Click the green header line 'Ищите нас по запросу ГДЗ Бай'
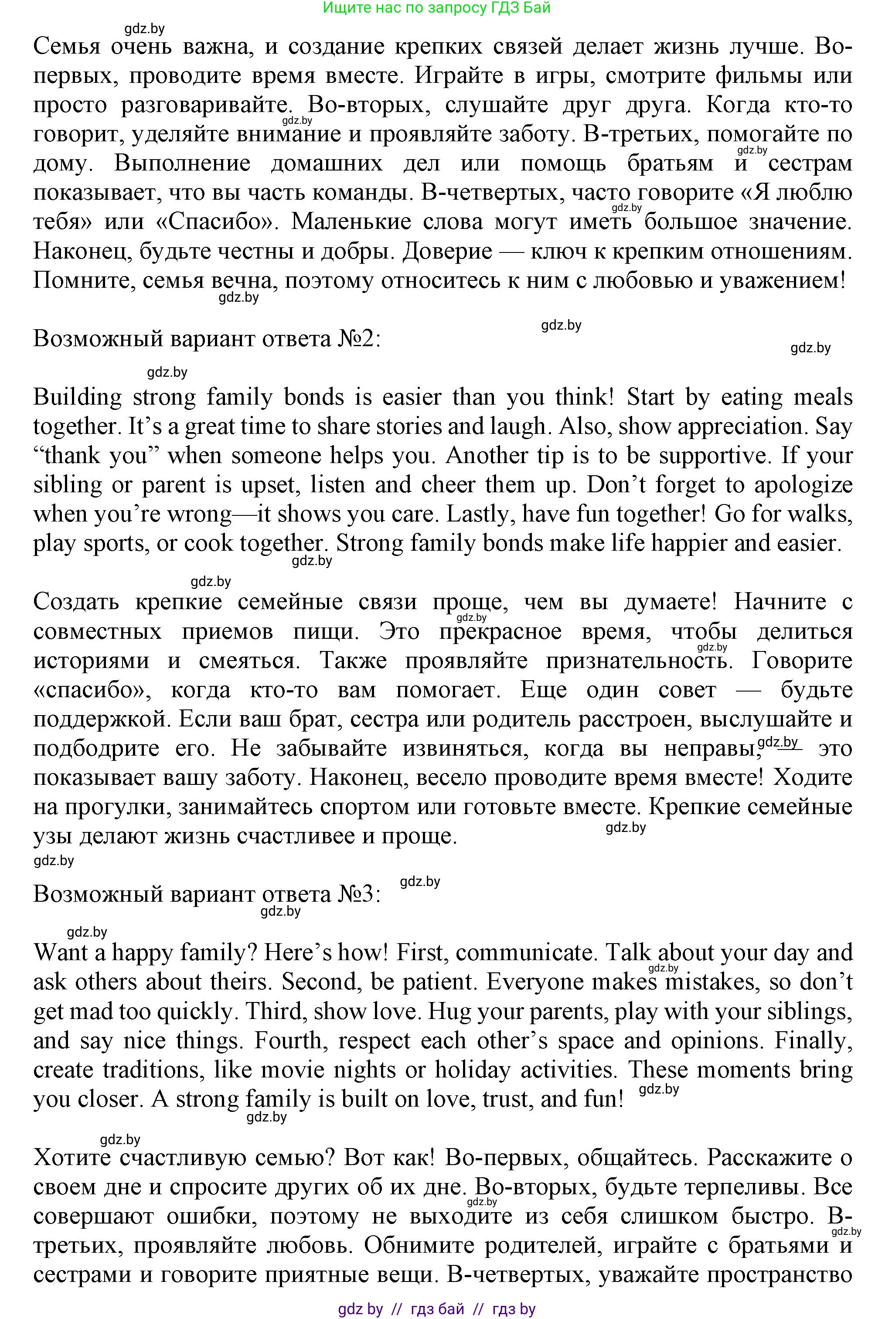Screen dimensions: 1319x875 [436, 7]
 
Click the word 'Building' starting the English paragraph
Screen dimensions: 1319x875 [78, 398]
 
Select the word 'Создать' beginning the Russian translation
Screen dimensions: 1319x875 [76, 603]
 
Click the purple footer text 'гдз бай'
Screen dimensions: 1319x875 [437, 1309]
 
